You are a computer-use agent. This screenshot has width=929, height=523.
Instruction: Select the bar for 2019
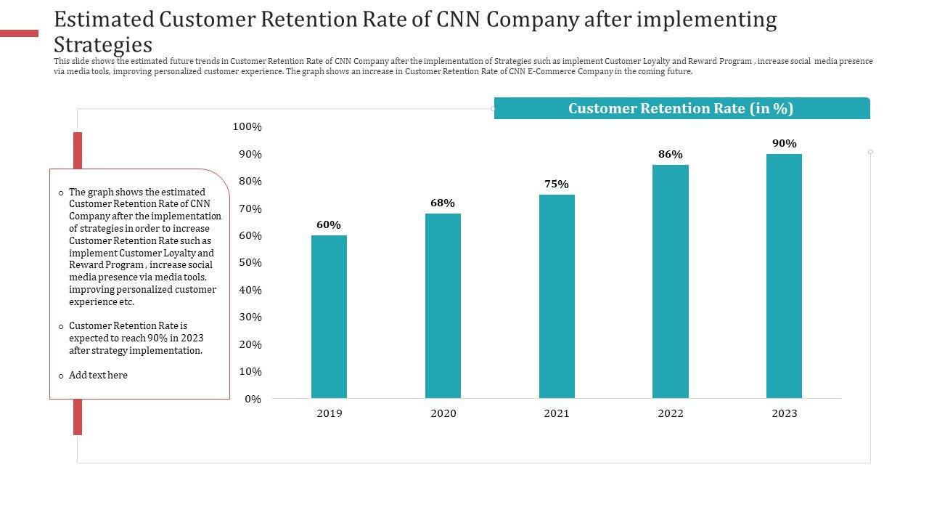(329, 317)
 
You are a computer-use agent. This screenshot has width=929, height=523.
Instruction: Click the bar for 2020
(443, 306)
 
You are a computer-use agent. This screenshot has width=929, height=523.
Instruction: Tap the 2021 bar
(557, 296)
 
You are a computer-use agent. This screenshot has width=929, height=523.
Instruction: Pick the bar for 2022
(671, 281)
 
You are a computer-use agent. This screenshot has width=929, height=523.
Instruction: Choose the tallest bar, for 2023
(784, 276)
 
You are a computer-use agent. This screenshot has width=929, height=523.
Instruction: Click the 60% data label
(329, 225)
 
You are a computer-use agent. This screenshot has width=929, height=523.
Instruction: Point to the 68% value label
(443, 203)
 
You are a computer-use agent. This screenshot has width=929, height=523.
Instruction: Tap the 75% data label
(557, 185)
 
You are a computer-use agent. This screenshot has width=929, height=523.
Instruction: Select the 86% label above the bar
(671, 155)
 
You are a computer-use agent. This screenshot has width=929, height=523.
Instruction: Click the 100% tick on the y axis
(247, 127)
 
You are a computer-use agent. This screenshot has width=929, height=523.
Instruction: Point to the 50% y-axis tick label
(250, 263)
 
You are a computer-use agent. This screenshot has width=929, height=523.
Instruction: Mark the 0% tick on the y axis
(253, 400)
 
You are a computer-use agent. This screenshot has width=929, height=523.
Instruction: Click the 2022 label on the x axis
(671, 413)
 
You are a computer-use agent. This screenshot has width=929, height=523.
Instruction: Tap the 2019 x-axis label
(329, 413)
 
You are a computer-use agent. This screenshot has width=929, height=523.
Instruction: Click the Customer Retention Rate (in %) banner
(681, 109)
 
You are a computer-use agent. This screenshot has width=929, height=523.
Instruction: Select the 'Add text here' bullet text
(98, 376)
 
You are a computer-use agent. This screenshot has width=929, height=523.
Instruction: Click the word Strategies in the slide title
(103, 44)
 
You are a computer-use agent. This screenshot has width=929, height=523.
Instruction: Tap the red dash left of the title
(19, 33)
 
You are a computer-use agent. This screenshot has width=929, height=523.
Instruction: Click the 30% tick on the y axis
(250, 317)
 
